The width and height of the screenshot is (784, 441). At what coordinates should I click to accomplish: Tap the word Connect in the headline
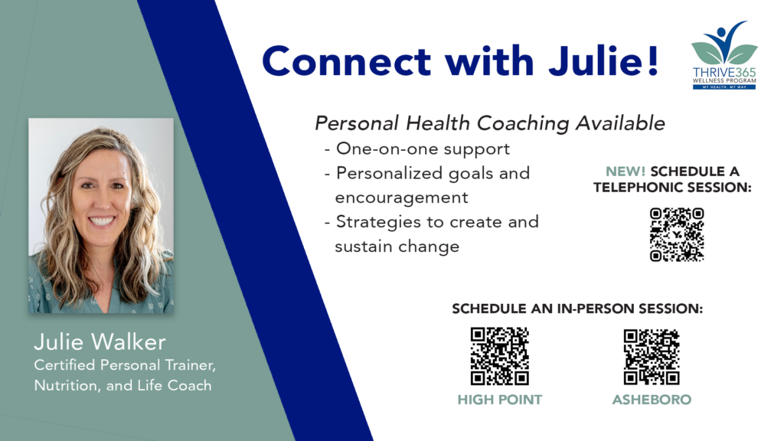click(346, 61)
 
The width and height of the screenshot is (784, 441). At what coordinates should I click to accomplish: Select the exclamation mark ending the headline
click(652, 60)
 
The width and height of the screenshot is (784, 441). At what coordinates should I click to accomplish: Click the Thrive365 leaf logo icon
click(724, 43)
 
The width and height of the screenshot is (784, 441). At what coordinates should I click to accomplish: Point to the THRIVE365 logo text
click(724, 73)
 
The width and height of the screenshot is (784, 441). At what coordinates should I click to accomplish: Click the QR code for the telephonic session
click(677, 234)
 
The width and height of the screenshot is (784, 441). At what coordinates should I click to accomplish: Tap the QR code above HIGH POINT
click(499, 356)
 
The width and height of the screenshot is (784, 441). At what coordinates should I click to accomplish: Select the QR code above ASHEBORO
click(651, 357)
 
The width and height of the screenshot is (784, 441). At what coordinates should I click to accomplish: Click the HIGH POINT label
click(499, 400)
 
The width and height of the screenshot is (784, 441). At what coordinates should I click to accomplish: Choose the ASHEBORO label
click(652, 400)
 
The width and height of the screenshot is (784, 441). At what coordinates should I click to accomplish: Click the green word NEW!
click(625, 171)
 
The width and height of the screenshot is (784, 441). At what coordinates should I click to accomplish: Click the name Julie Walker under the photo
click(100, 342)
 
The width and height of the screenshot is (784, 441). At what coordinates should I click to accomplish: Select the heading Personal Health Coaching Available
click(490, 123)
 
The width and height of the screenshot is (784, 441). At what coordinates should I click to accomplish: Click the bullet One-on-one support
click(416, 149)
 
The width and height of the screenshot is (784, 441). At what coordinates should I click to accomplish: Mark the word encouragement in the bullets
click(401, 198)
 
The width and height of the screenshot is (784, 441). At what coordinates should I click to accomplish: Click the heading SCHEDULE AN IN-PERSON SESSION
click(577, 309)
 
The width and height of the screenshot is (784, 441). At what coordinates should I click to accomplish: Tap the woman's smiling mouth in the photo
click(102, 220)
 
